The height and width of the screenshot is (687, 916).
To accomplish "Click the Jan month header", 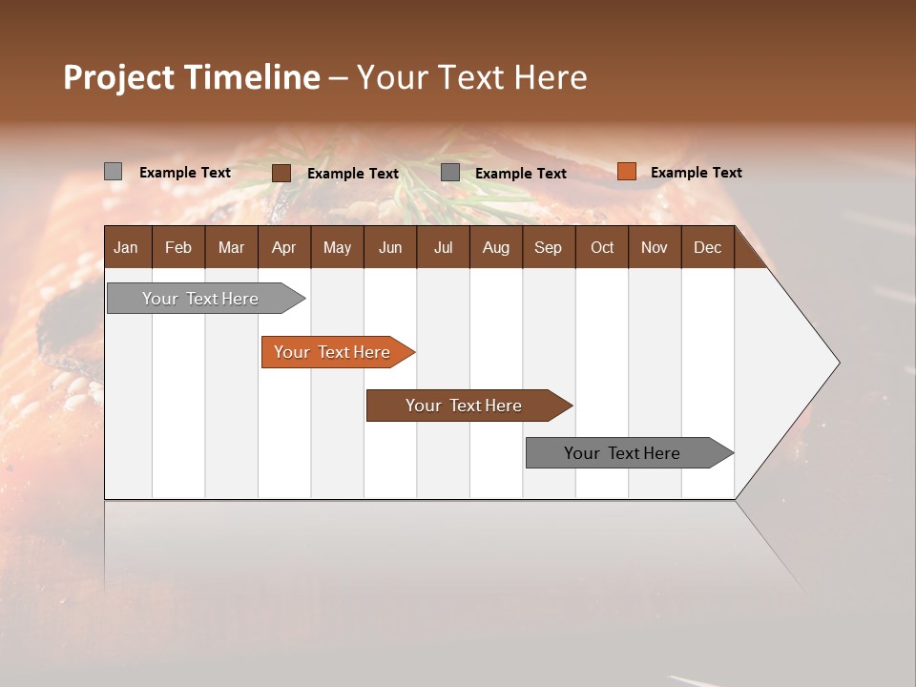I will click(x=126, y=247).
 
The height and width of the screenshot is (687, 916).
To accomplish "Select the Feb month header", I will click(x=178, y=247).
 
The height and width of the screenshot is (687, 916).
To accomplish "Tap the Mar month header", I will click(x=231, y=247).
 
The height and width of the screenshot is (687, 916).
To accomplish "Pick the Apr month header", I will click(x=283, y=247).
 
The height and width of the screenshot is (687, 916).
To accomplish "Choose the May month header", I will click(x=337, y=247).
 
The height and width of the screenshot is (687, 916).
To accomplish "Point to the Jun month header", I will click(x=390, y=247).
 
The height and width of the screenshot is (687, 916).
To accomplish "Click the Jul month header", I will click(x=443, y=247).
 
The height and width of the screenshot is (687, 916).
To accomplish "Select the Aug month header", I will click(x=495, y=247).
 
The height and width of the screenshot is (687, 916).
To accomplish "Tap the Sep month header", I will click(x=548, y=247).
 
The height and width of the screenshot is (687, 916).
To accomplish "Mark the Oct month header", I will click(x=602, y=247).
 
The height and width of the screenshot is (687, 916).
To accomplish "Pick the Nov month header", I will click(x=655, y=247).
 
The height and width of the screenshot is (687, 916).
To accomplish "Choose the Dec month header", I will click(x=707, y=247).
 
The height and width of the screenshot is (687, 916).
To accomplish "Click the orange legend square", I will click(x=626, y=172).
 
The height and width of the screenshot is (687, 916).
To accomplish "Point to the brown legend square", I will click(x=281, y=173).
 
